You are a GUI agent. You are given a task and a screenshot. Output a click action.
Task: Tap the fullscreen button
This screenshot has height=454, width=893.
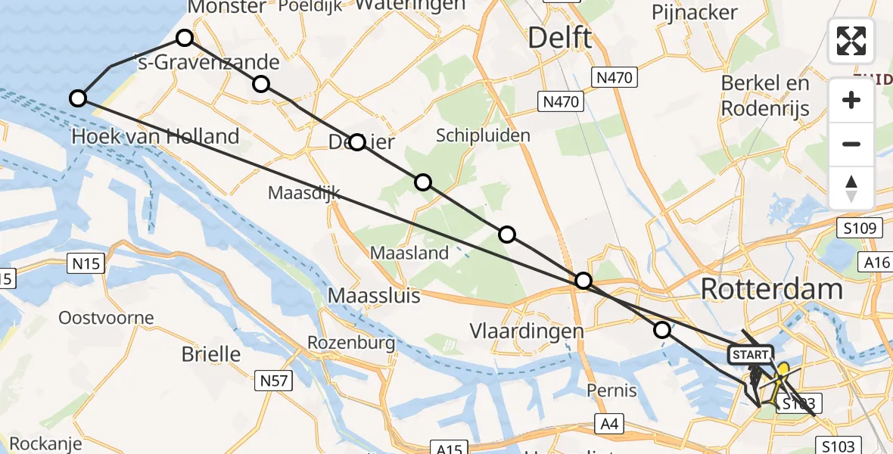click(851, 41)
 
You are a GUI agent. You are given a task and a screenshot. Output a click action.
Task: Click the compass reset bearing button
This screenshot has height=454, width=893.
click(851, 188)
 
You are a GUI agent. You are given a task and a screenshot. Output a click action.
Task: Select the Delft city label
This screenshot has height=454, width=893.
click(559, 37)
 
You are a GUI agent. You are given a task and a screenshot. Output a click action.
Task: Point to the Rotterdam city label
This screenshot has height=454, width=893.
click(771, 288)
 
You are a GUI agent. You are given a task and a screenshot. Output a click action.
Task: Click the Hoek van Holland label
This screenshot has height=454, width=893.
click(155, 137)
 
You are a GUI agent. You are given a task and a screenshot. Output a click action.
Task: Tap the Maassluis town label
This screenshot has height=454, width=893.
click(374, 295)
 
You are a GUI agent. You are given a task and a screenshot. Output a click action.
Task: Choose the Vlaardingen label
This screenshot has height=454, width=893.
click(527, 331)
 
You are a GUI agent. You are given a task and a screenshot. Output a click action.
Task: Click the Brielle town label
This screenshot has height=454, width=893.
click(211, 354)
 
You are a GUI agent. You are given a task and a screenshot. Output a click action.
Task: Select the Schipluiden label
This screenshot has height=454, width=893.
click(483, 135)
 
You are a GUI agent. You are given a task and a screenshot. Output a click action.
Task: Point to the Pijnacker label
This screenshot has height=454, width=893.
click(694, 13)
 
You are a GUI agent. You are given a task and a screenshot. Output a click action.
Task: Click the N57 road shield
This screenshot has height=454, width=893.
click(273, 381)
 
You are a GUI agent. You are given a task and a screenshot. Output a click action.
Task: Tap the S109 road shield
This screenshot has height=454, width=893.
click(860, 228)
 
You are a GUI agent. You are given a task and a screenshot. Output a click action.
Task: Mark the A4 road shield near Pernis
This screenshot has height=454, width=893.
click(609, 424)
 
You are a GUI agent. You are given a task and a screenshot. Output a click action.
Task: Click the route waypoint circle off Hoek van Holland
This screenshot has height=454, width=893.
click(77, 98)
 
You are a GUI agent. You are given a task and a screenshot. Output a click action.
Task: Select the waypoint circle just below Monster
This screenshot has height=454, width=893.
click(185, 38)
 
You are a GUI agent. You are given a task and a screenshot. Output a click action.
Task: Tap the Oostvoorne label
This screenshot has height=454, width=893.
click(106, 318)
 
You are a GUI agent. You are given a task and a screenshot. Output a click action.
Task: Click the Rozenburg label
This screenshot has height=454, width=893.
click(350, 343)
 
